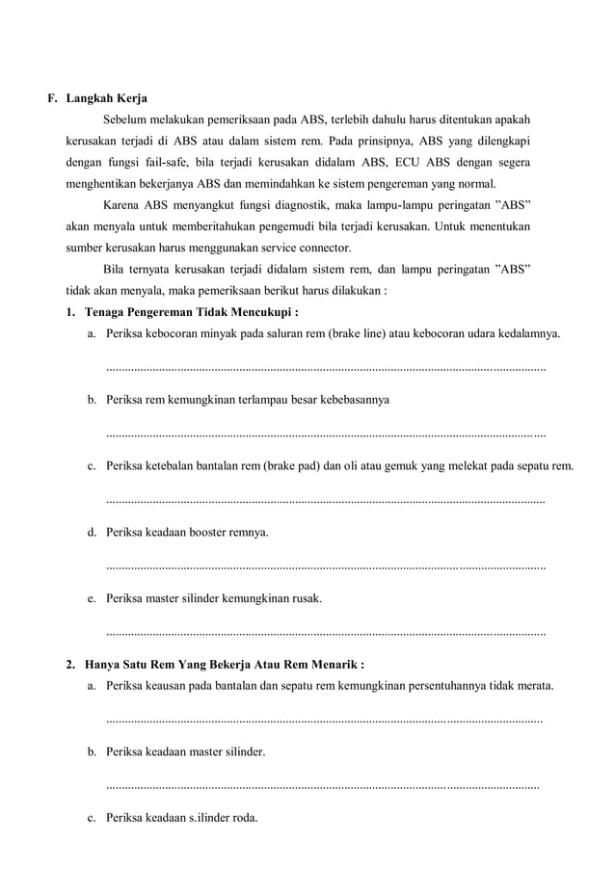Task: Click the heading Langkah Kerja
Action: (106, 98)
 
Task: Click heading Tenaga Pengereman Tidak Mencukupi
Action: (191, 312)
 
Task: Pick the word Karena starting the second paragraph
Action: (121, 206)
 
